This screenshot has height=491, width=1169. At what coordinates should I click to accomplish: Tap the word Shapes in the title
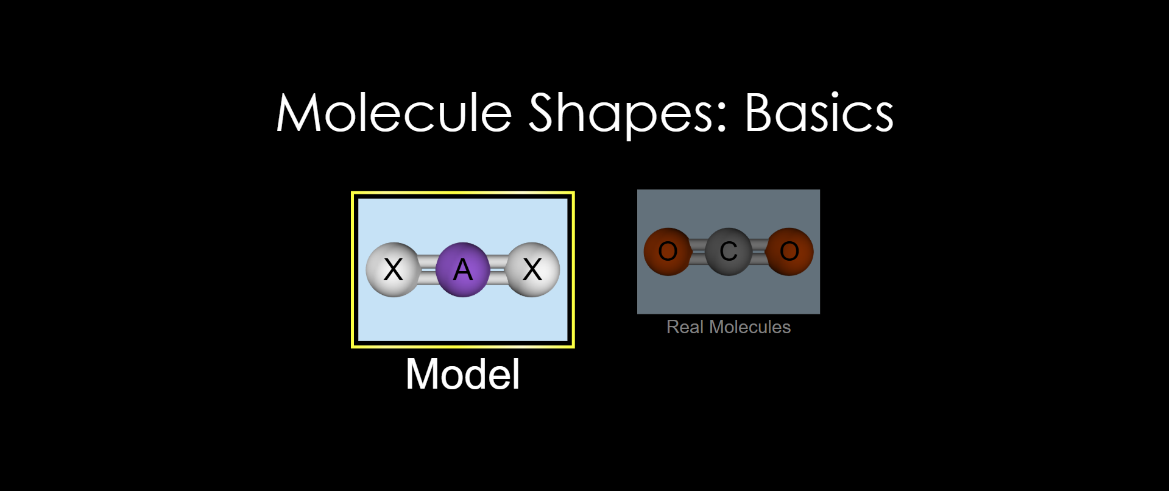tap(628, 116)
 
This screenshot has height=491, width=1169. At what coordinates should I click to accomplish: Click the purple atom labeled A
tap(463, 269)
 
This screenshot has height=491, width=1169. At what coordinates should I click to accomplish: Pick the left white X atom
tap(393, 269)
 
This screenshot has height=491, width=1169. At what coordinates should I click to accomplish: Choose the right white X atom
tap(532, 269)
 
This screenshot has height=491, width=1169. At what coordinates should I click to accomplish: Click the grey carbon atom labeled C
tap(729, 252)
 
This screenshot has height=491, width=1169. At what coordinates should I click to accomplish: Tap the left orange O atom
tap(668, 252)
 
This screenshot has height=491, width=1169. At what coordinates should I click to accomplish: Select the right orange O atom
tap(789, 252)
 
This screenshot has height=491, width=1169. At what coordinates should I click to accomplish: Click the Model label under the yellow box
tap(463, 374)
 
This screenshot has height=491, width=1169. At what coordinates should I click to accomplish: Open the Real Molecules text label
tap(729, 327)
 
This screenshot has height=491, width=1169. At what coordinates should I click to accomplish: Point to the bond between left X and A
tap(428, 270)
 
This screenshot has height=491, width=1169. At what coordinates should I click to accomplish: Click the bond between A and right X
tap(498, 270)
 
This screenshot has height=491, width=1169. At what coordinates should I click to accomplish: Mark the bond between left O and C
tap(698, 252)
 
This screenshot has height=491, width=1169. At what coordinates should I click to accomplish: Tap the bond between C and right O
tap(759, 252)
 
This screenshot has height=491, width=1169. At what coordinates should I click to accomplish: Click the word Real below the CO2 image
tap(685, 327)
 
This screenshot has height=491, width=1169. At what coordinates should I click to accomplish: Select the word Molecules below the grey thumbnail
tap(750, 327)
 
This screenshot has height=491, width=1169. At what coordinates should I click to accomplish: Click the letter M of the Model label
tap(420, 374)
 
